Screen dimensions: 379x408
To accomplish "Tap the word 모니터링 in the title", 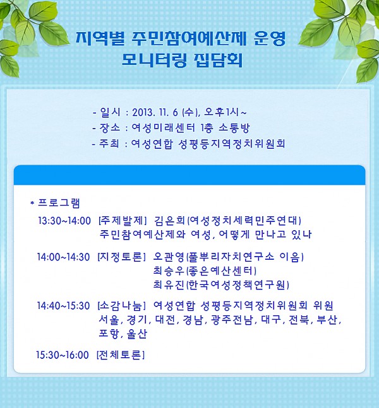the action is point(154,61).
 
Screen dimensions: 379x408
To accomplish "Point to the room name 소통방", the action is point(234,128).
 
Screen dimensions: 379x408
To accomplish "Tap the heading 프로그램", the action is point(59,203).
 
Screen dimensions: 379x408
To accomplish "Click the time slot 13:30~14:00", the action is point(64,221).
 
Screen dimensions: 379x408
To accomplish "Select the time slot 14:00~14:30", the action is point(63,257).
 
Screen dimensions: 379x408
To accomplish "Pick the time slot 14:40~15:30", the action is point(63,306).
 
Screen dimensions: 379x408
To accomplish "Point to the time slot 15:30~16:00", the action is point(63,354).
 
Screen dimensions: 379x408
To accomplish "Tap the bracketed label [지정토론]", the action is point(121,257).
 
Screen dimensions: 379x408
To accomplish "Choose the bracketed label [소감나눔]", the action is point(121,306).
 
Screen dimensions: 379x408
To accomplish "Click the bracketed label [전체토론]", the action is point(121,354).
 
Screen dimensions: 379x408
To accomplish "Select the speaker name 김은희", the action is point(169,221).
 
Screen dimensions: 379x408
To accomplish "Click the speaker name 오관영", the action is point(169,257).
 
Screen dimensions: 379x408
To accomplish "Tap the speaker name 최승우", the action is point(169,271).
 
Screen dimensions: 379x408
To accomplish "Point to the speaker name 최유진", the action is point(169,285).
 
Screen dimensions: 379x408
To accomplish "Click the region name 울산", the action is point(137,334).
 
